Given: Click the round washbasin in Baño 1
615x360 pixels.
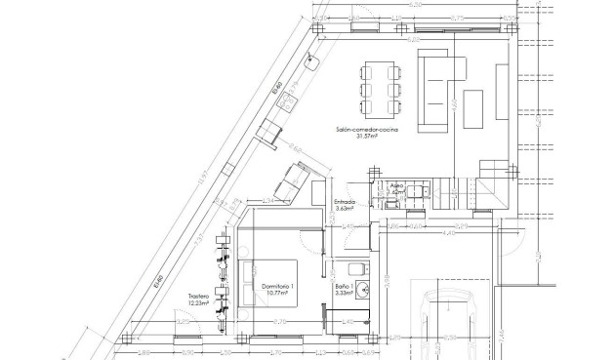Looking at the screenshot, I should [x=362, y=289].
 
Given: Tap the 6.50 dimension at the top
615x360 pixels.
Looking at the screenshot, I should [x=416, y=6].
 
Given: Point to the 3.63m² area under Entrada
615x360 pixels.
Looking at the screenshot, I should [x=345, y=209].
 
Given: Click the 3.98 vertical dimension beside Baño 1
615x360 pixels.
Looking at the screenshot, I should [x=387, y=282].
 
